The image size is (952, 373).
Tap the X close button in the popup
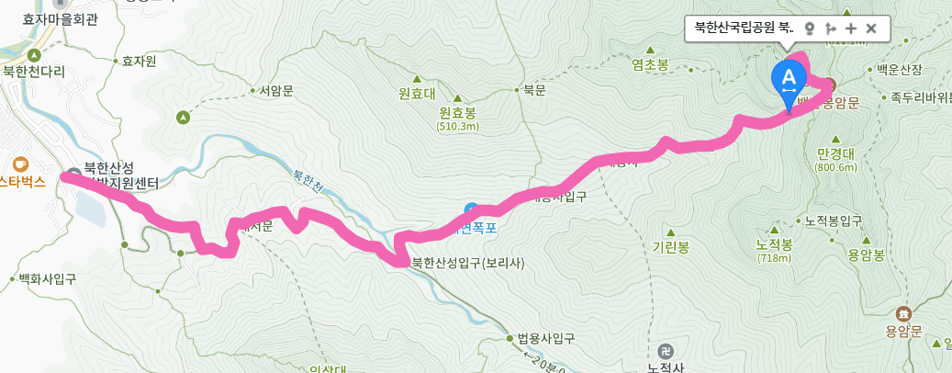[871, 28]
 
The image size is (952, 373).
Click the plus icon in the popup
[851, 28]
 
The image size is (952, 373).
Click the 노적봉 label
[774, 245]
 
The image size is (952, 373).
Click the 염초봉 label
[650, 64]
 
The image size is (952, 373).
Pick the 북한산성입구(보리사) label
[468, 262]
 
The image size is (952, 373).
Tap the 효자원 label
[139, 62]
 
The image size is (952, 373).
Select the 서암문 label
[275, 91]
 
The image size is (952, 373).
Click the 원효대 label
[416, 94]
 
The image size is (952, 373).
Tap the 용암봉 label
[866, 254]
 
